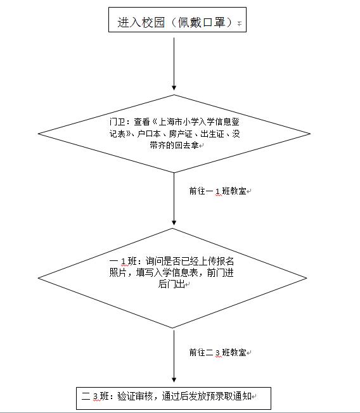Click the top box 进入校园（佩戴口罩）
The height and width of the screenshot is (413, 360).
point(177,20)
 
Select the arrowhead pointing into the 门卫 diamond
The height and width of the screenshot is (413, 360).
point(174,87)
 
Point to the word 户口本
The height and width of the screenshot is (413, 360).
point(149,134)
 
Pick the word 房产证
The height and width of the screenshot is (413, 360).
point(181,134)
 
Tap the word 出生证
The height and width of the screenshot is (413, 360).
point(212,134)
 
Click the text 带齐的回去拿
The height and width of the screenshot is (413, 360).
point(174,145)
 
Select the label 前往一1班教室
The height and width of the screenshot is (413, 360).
point(217,191)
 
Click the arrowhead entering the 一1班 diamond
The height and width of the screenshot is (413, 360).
point(174,222)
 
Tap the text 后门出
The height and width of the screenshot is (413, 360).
point(171,284)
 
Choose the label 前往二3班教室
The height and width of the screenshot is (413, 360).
point(217,352)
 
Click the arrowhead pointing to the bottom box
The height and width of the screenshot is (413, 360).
point(174,379)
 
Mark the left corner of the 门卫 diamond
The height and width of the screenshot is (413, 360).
point(38,134)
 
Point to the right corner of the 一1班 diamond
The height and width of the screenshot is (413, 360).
point(307,278)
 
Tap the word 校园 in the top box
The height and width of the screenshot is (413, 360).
point(153,22)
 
